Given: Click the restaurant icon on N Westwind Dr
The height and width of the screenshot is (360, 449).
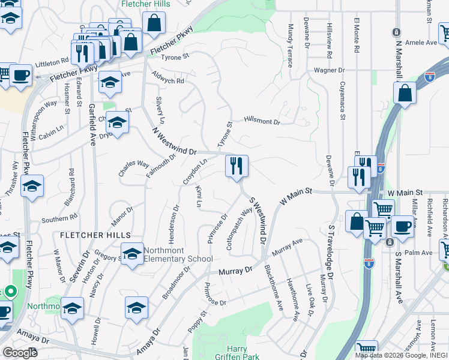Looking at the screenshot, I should tap(237, 166).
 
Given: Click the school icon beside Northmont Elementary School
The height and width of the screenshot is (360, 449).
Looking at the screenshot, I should tap(132, 253).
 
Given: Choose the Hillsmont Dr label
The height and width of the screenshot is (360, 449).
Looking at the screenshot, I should tap(262, 121).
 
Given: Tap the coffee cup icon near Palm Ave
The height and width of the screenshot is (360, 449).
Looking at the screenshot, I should tap(402, 227).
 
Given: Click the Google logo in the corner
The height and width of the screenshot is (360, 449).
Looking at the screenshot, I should tap(19, 352).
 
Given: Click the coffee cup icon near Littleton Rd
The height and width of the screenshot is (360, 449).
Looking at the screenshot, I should tap(20, 76).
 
